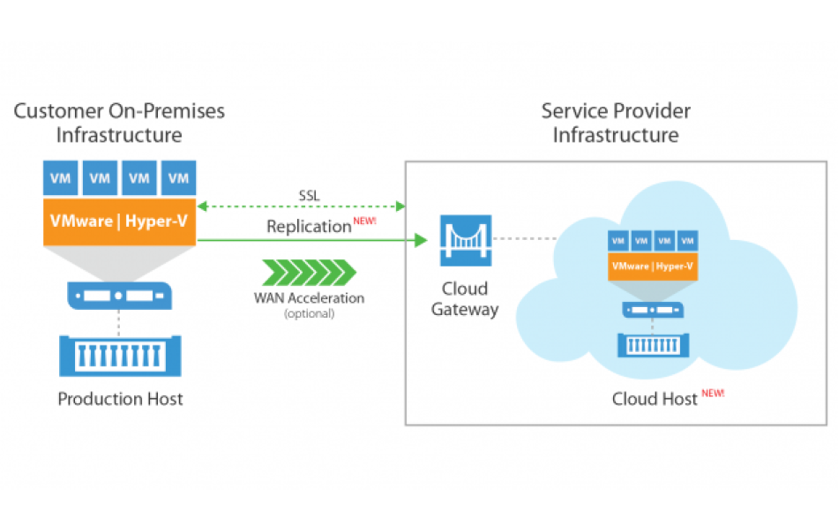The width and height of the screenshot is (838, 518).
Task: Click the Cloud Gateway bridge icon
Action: pyautogui.click(x=465, y=240)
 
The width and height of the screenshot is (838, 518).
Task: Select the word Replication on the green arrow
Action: pyautogui.click(x=309, y=227)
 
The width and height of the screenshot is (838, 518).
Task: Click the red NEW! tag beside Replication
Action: pyautogui.click(x=365, y=221)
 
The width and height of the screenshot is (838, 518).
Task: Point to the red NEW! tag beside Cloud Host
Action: pyautogui.click(x=713, y=394)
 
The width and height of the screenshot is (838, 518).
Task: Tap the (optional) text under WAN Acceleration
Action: pyautogui.click(x=309, y=313)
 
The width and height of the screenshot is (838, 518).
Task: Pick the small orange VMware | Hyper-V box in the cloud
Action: pyautogui.click(x=653, y=266)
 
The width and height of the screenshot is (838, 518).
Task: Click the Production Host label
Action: pyautogui.click(x=120, y=399)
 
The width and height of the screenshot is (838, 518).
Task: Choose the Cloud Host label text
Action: pyautogui.click(x=655, y=400)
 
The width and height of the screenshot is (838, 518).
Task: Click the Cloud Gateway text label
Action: pyautogui.click(x=465, y=299)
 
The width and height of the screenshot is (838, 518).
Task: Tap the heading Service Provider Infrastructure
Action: pyautogui.click(x=616, y=124)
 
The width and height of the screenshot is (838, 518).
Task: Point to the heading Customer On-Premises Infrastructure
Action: pyautogui.click(x=120, y=124)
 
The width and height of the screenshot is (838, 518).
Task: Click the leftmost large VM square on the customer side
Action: pyautogui.click(x=61, y=177)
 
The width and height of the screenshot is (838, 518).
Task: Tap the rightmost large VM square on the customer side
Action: pyautogui.click(x=179, y=177)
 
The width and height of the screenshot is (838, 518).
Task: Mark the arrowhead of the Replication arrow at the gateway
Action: pyautogui.click(x=422, y=239)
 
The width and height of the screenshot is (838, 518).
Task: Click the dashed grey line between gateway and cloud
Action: pyautogui.click(x=526, y=238)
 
